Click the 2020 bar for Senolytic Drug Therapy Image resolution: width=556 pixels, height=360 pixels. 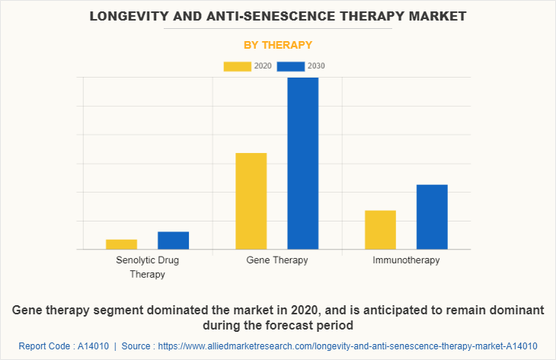(x=121, y=244)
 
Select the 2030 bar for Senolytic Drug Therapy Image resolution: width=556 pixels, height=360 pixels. (x=173, y=241)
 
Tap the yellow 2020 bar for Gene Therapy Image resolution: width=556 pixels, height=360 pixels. (x=251, y=201)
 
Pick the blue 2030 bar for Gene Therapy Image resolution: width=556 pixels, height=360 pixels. (x=302, y=163)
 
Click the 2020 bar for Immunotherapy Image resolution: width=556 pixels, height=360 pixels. (x=380, y=230)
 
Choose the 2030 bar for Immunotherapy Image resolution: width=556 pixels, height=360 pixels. (x=432, y=217)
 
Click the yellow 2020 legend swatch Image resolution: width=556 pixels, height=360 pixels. (x=237, y=66)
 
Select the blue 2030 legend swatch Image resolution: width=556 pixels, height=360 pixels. (x=291, y=66)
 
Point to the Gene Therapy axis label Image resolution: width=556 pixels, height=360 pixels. (x=277, y=260)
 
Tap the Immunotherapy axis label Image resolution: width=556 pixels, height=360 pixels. (x=406, y=260)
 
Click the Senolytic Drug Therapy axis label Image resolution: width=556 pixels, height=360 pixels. (x=147, y=267)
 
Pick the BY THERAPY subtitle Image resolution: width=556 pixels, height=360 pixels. (x=278, y=45)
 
